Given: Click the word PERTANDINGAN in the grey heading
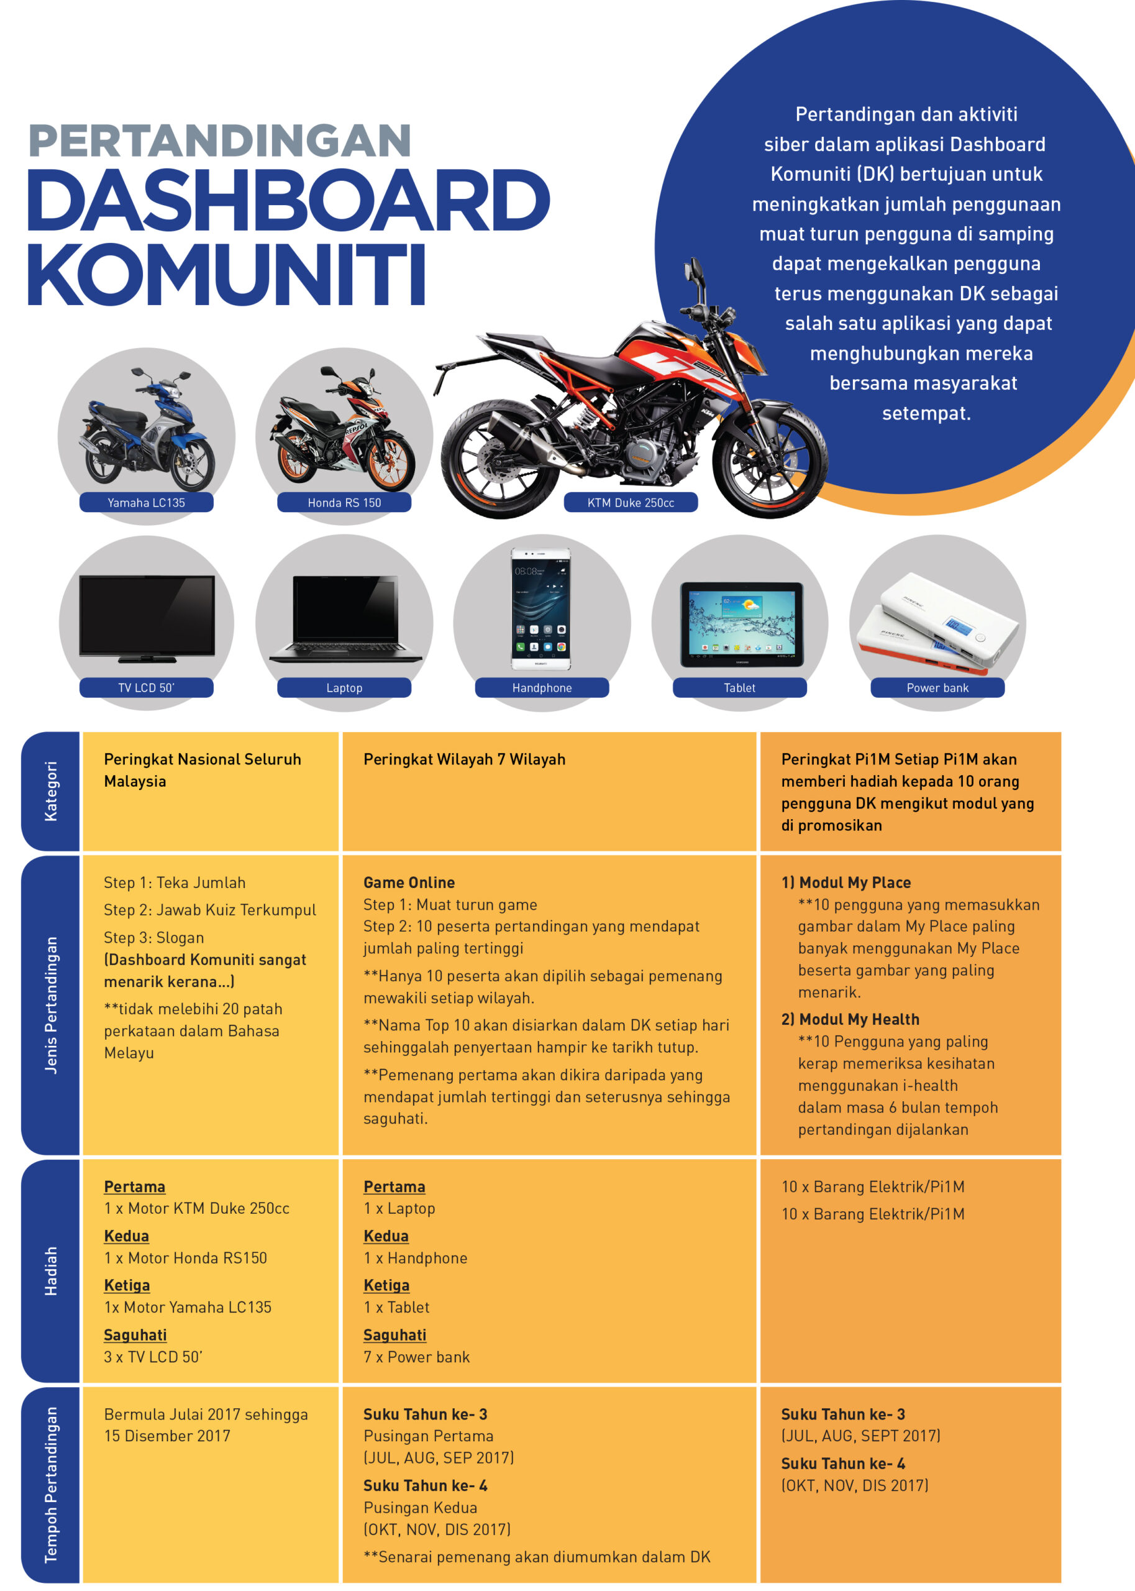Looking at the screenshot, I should click(219, 140).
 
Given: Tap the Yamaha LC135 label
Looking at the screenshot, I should click(146, 503).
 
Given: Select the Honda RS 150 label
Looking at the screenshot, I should click(344, 503).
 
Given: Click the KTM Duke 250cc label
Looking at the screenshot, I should click(631, 503).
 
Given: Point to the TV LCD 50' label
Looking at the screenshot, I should click(146, 688).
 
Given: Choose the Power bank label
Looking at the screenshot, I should click(937, 688).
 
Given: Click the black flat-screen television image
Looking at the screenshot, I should click(147, 617).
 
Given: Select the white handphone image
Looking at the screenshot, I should click(541, 608).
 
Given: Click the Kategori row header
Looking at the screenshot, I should click(51, 791).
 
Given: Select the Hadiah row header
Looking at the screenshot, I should click(51, 1271).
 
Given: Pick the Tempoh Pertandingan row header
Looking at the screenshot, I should click(51, 1485).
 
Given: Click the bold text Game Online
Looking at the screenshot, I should click(409, 882).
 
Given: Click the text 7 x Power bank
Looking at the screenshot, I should click(416, 1357).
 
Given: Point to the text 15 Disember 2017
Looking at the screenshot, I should click(167, 1436).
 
